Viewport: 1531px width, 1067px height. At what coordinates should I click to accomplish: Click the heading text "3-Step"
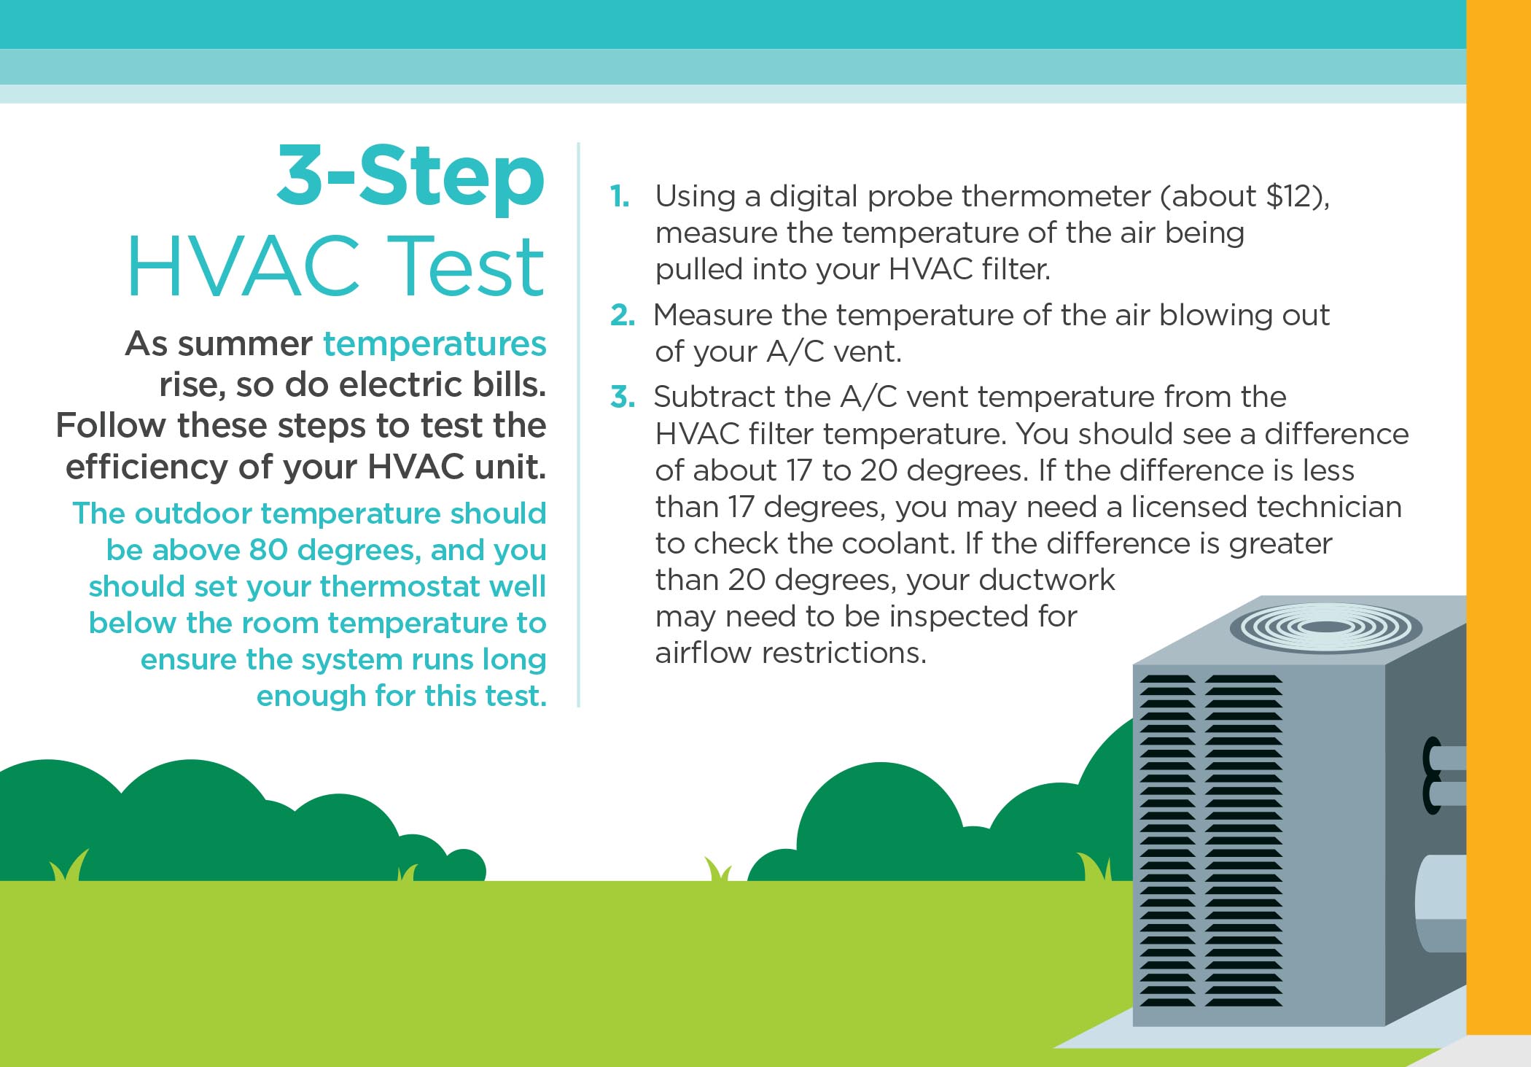pyautogui.click(x=410, y=176)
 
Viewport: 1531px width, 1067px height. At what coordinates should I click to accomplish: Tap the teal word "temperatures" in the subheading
pyautogui.click(x=435, y=344)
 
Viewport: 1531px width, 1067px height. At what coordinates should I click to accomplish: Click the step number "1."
pyautogui.click(x=620, y=196)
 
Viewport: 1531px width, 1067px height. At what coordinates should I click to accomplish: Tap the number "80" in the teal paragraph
pyautogui.click(x=269, y=550)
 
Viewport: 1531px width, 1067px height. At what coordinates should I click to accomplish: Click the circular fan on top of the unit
pyautogui.click(x=1325, y=626)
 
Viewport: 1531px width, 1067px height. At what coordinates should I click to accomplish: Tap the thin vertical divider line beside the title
pyautogui.click(x=578, y=424)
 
